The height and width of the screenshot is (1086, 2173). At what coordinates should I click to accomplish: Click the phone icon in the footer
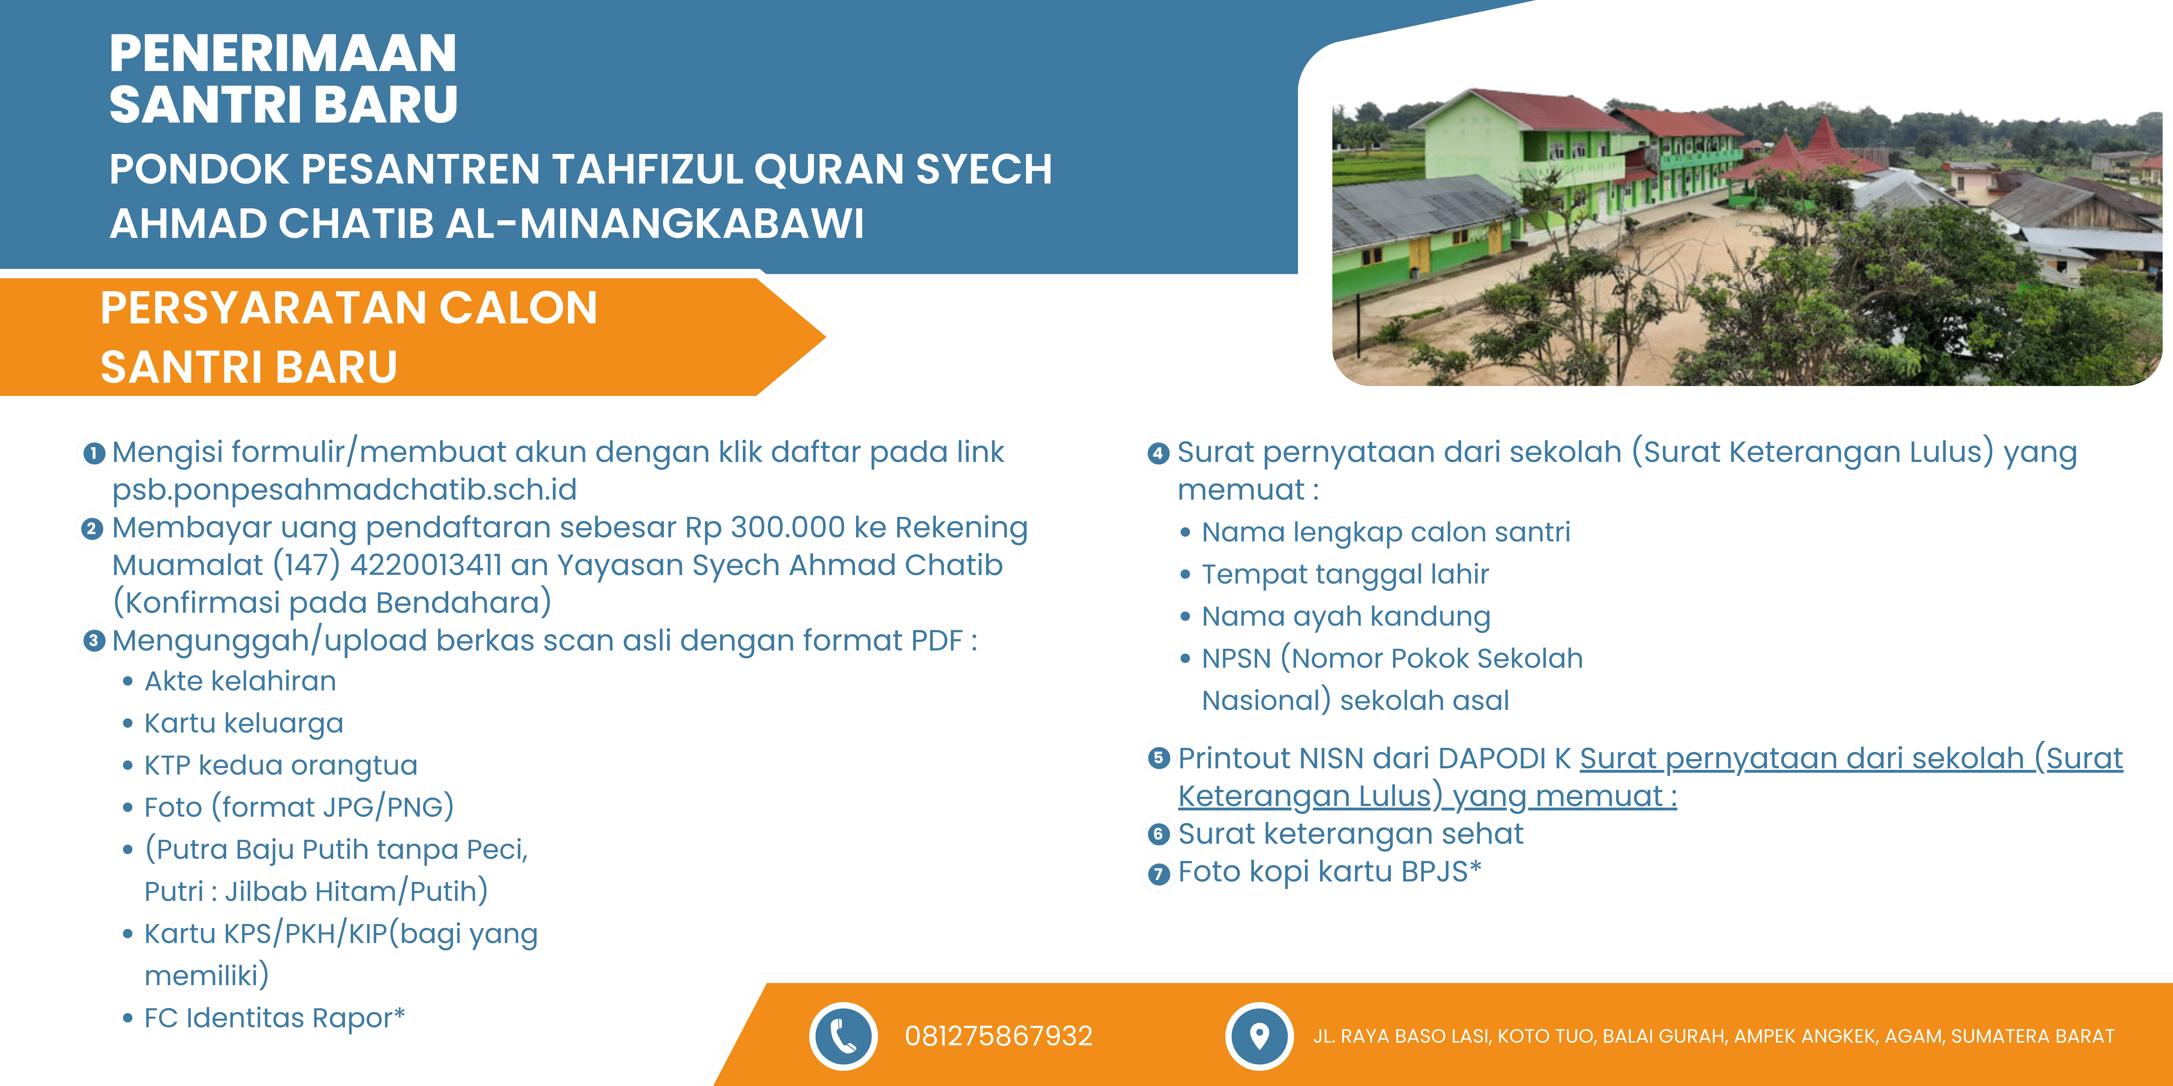coord(843,1035)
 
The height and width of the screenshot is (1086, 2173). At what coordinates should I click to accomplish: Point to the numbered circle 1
coord(94,454)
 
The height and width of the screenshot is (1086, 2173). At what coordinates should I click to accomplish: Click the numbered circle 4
coord(1158,454)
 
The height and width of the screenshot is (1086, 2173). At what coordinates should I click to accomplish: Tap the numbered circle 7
coord(1158,874)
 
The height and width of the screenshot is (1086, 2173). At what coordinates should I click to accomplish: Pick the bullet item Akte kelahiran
coord(241,681)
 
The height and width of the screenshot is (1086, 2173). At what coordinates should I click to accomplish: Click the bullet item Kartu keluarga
coord(244,723)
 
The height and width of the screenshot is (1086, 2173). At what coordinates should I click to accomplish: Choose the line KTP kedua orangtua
coord(281,765)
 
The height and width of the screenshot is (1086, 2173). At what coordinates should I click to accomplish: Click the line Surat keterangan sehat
coord(1351,834)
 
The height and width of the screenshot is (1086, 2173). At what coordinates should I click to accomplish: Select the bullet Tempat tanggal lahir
coord(1346,574)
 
